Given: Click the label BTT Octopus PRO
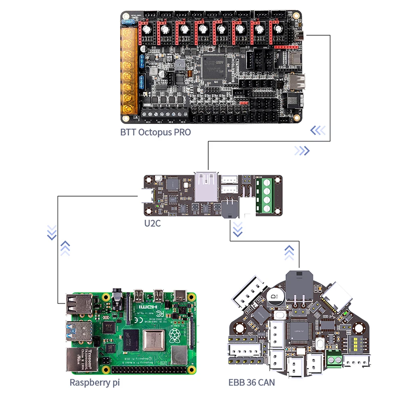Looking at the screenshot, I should (156, 132).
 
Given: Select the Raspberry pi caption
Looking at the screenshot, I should (95, 382).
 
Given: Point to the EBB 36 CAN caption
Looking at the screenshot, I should (252, 382).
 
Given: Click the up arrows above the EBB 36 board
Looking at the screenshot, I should (289, 252).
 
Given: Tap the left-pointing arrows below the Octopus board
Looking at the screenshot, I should (318, 130).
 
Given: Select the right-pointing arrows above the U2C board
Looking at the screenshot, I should (302, 151).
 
